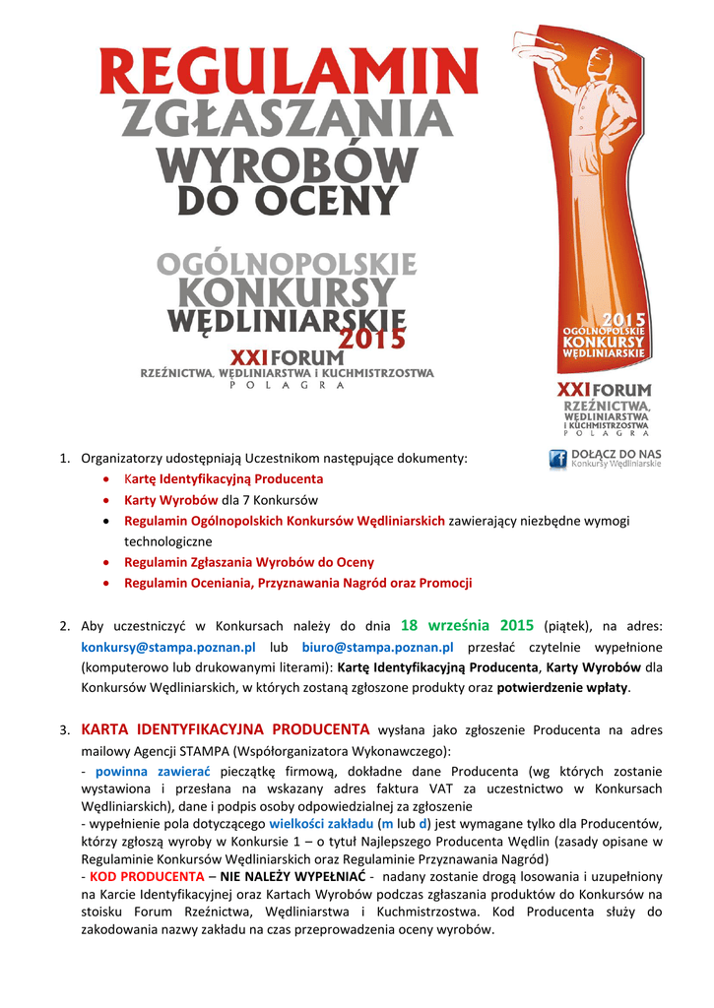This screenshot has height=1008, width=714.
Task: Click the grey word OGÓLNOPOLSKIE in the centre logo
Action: (288, 265)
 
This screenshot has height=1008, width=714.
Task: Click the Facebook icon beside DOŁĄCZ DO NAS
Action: (558, 459)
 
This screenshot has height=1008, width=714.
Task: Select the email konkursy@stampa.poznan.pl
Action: (168, 648)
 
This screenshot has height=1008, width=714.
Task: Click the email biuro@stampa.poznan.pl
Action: (378, 648)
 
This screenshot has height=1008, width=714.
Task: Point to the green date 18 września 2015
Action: (468, 626)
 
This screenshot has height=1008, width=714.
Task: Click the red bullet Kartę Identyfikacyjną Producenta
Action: (224, 479)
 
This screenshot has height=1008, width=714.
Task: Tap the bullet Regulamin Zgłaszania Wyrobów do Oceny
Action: (249, 562)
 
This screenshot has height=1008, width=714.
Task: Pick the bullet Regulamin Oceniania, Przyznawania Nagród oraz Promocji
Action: (297, 583)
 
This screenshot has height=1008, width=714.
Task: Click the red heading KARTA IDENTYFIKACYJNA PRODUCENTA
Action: (226, 730)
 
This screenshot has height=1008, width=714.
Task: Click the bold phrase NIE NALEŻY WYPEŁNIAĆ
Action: (292, 876)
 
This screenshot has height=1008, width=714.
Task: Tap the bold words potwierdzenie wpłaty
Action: (561, 688)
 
